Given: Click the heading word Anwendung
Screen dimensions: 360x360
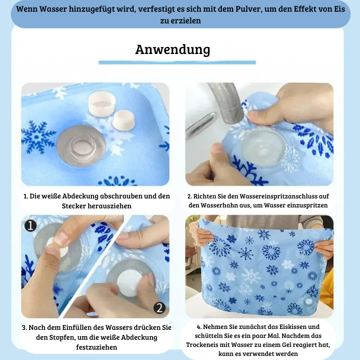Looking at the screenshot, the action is [172, 49].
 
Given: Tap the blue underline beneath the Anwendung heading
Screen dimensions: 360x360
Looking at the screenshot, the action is [177, 63].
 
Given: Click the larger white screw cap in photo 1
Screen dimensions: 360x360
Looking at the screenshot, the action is [102, 104].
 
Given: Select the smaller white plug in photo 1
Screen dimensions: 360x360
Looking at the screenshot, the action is [123, 120].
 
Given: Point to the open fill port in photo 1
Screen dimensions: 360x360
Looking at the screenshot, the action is [81, 146].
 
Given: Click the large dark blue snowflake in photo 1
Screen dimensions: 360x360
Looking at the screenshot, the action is [38, 137].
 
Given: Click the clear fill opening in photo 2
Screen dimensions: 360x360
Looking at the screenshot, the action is [263, 147].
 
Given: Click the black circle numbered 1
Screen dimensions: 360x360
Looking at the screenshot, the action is [30, 225].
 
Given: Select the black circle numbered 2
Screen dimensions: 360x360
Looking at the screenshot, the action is [160, 308].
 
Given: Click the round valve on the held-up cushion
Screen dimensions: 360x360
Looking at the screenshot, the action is [309, 301].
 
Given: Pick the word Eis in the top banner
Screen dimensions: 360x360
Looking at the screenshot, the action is [339, 9].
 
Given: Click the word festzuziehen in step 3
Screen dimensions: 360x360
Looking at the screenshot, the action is [97, 347].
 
